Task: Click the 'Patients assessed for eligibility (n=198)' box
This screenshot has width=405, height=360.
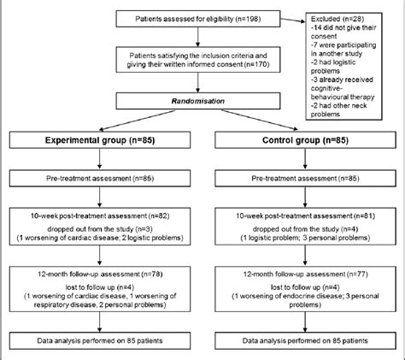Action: pos(198,19)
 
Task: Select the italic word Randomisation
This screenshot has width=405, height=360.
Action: pos(198,101)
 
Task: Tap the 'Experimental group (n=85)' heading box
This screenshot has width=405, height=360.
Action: pos(100,140)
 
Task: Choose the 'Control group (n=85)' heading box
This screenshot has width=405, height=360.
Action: pos(305,140)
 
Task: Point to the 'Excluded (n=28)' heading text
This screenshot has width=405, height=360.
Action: pos(337,19)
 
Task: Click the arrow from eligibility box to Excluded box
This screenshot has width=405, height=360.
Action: pos(293,21)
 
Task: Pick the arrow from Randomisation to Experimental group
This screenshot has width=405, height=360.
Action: pos(138,120)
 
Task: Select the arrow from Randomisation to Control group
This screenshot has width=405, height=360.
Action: pos(260,120)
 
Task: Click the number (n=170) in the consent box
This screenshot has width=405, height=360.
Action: pos(256,64)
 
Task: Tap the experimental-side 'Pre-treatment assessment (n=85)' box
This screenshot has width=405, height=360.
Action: pos(100,179)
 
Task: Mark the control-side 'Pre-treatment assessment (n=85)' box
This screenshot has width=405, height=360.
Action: pos(305,179)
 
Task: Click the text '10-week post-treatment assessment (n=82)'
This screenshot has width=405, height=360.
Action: pos(100,216)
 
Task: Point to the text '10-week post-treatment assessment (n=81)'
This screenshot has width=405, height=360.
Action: pos(305,216)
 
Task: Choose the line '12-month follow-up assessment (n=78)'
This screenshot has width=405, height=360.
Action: pos(100,274)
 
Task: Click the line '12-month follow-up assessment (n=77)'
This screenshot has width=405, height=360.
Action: pos(305,274)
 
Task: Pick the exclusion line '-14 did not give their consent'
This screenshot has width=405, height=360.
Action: pos(343,32)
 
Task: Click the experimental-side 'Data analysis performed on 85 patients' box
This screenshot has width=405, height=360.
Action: pos(100,340)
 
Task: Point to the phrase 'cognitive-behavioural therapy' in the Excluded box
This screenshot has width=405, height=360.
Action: pos(343,92)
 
